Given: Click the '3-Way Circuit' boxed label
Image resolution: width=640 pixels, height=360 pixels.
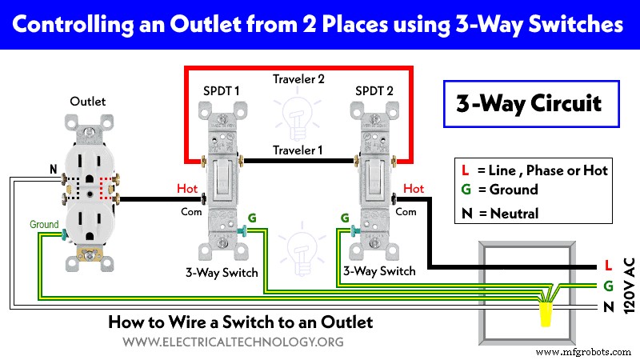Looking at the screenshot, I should point(527,104).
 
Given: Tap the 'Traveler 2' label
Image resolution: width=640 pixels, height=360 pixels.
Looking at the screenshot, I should point(298,81).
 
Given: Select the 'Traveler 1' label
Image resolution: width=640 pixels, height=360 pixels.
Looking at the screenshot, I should point(298,150).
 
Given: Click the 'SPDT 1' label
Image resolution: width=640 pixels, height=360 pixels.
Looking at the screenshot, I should point(222,90).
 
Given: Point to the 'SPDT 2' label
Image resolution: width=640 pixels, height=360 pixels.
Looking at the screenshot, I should point(374,90).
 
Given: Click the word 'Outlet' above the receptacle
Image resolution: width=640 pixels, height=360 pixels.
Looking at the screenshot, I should point(88,101).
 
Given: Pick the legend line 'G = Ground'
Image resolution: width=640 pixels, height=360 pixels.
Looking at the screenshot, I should point(495,190).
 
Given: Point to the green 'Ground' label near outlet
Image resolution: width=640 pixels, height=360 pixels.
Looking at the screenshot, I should point(44,224).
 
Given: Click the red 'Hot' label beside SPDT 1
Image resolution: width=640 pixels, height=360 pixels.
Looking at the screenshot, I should point(187,189).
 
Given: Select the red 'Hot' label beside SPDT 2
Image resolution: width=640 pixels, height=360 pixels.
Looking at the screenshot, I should point(414,189).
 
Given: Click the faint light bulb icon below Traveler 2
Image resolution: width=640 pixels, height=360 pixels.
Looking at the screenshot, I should point(297,116).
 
